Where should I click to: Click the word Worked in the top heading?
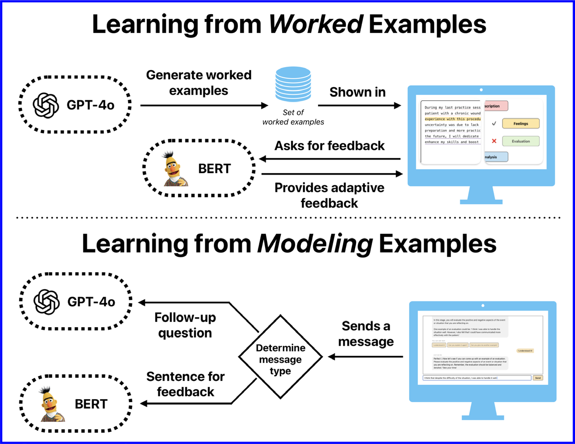(315, 24)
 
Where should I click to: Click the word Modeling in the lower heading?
(314, 244)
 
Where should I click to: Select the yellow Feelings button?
(521, 124)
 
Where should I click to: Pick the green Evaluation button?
(521, 142)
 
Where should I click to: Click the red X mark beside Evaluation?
(494, 142)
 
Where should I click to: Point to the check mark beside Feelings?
(494, 124)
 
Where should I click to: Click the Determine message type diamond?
(280, 360)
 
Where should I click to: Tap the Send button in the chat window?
(538, 378)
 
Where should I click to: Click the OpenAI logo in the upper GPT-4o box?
(46, 105)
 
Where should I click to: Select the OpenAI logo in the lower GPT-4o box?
(47, 302)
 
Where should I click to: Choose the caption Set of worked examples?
(293, 117)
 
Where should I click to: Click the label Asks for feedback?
(329, 146)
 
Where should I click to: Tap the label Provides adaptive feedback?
(329, 195)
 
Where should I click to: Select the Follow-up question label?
(185, 325)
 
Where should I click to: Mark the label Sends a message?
(365, 334)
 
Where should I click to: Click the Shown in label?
(357, 92)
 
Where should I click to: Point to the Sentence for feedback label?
(185, 384)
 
